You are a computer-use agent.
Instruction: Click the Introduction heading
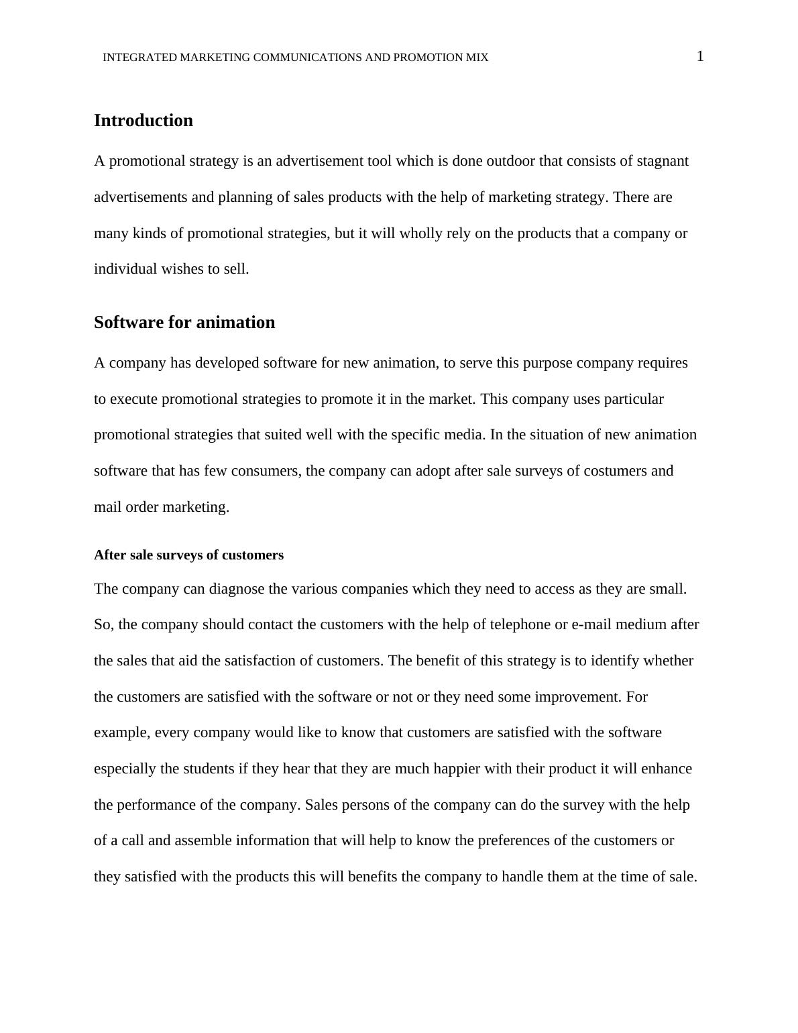(143, 121)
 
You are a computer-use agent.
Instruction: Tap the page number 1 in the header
(700, 57)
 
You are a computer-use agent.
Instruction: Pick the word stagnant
(662, 161)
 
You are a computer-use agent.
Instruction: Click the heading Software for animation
(184, 323)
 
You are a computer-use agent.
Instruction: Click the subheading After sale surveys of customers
(188, 555)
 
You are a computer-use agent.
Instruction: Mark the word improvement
(577, 697)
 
